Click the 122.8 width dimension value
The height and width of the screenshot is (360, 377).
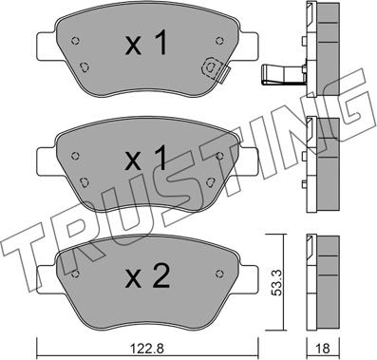coord(148,349)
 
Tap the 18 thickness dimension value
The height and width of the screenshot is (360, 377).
coord(323,349)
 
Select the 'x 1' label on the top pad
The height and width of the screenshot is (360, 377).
coord(146,44)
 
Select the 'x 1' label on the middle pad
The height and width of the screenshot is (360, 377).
coord(146,159)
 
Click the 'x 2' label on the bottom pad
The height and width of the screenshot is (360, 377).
coord(147,276)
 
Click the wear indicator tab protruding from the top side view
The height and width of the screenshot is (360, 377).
coord(282,74)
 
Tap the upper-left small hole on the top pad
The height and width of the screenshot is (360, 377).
coord(75,41)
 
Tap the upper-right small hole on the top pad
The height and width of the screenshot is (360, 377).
coord(219,41)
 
